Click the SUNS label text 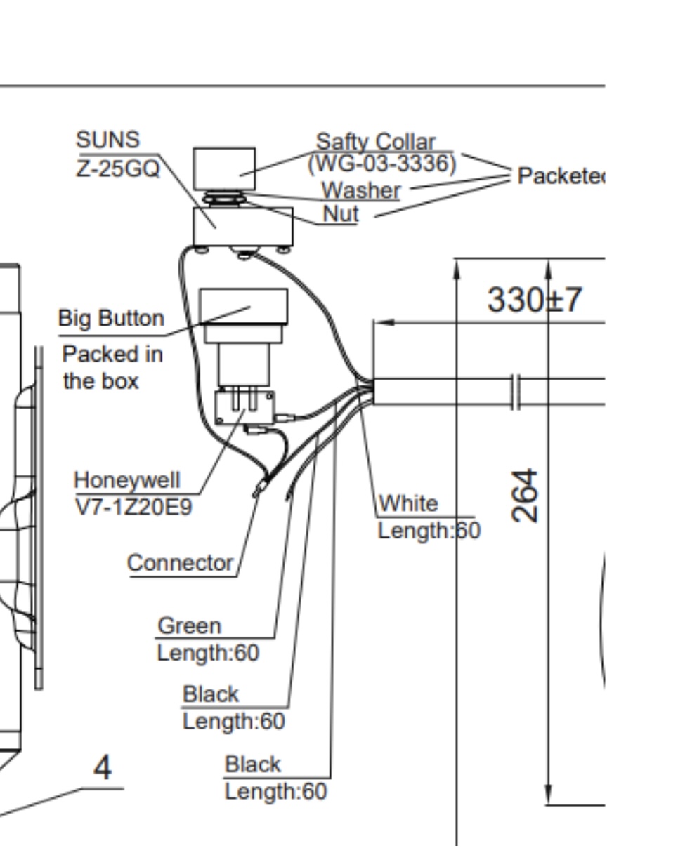pos(107,140)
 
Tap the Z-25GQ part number pos(118,168)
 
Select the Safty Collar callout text pos(376,142)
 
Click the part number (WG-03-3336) pos(381,164)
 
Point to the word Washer pos(361,190)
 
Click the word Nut pos(341,214)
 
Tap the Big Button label pos(111,319)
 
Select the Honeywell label pos(127,481)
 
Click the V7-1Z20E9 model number pos(133,507)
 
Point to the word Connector pos(180,563)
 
